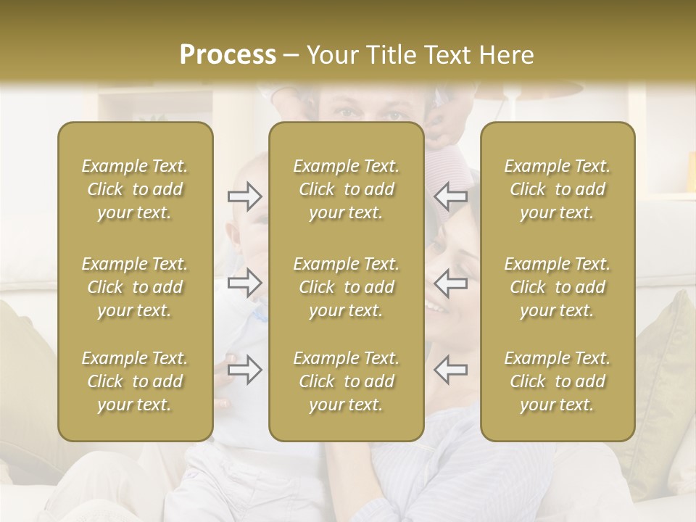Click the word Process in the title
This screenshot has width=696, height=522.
click(228, 55)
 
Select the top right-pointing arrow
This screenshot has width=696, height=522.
click(244, 196)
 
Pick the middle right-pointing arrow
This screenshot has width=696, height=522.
click(244, 283)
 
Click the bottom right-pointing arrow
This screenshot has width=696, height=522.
click(244, 370)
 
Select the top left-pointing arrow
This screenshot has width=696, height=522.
click(450, 196)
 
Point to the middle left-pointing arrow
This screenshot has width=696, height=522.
click(450, 283)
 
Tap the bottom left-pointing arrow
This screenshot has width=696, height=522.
click(450, 370)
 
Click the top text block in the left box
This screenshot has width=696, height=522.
click(135, 189)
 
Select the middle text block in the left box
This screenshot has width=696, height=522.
click(135, 287)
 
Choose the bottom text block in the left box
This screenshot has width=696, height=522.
click(135, 381)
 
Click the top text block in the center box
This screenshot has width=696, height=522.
click(347, 189)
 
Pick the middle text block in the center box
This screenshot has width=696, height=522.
click(347, 287)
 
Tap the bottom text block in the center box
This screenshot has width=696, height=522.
click(347, 381)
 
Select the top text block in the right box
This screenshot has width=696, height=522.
click(558, 189)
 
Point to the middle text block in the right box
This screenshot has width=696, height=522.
click(558, 287)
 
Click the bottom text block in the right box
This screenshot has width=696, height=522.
click(558, 381)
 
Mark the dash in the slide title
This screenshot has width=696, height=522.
click(291, 56)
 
